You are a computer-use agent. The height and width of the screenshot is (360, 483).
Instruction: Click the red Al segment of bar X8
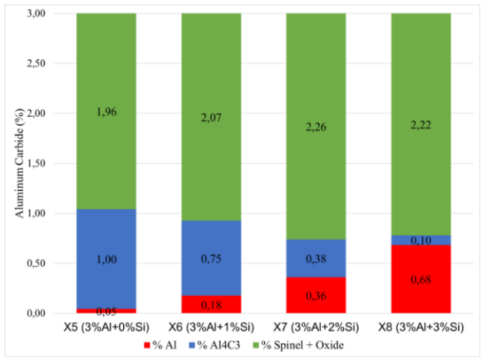[x=421, y=279]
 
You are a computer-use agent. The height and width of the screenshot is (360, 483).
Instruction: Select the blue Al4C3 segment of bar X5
[x=107, y=259]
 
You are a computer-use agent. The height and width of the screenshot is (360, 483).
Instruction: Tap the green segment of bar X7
[x=316, y=127]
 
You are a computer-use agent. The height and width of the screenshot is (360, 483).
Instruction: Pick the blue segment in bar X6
[x=212, y=258]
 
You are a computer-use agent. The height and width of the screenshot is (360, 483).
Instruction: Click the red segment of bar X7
[x=316, y=295]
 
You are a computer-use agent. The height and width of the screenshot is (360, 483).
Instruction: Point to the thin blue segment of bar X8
[x=421, y=240]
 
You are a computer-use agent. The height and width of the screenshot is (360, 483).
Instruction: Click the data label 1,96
[x=107, y=112]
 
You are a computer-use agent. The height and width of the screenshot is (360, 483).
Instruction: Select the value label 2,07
[x=212, y=117]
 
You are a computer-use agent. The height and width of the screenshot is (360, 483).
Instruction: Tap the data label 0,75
[x=212, y=258]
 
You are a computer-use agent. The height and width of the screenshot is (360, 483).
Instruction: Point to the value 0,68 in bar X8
[x=421, y=280]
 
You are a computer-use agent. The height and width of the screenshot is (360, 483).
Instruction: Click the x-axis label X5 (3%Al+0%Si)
[x=107, y=327]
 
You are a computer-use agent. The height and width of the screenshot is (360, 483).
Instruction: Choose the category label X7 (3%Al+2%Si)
[x=316, y=327]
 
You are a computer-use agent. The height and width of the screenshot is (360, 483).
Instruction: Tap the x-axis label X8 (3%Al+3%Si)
[x=421, y=327]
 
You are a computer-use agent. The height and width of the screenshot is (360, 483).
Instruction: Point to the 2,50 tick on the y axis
[x=37, y=63]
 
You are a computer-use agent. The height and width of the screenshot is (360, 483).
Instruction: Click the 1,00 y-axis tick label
[x=37, y=213]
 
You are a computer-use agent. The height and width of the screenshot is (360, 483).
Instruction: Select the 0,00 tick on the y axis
[x=37, y=313]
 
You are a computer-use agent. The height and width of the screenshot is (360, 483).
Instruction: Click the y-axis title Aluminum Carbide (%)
[x=20, y=163]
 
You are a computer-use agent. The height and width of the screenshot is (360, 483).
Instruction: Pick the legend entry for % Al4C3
[x=214, y=345]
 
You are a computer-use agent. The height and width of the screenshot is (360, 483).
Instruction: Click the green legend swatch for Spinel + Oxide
[x=256, y=345]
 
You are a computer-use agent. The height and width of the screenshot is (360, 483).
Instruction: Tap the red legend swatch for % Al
[x=147, y=345]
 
